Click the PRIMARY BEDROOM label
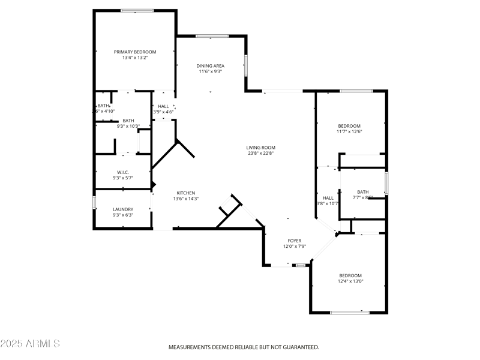coord(135,52)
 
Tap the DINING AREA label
coord(211,65)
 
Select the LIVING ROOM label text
coord(260,148)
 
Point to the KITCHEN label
coord(185,193)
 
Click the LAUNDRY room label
coord(123,209)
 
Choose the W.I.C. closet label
coord(123,172)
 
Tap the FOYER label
coord(295,241)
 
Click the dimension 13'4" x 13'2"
coord(135,58)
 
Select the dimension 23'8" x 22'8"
coord(260,154)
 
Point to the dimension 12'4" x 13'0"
coord(350,281)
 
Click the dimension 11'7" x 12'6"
coord(349,131)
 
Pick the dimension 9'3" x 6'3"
coord(123,215)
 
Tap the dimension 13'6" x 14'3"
coord(185,199)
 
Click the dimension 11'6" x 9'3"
coord(211,71)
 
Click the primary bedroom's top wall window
coord(137,10)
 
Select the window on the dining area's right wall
coord(245,65)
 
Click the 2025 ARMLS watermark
coord(30,344)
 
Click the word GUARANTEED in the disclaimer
coord(298,347)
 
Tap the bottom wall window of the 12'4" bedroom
coord(350,312)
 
